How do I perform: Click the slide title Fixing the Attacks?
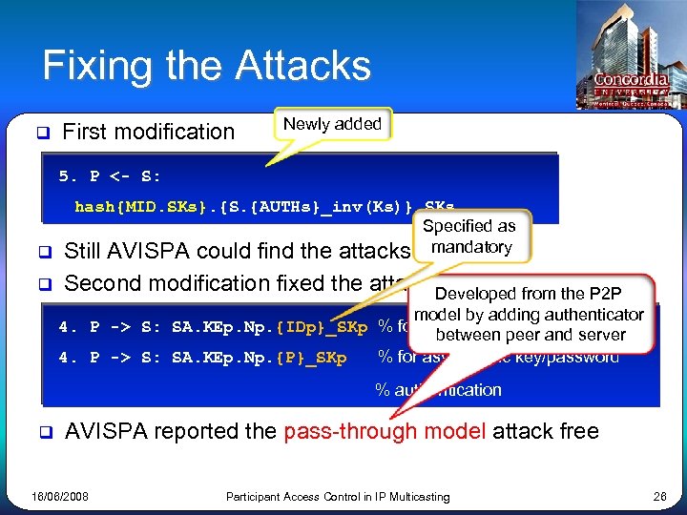pyautogui.click(x=206, y=66)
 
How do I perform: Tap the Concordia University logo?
pyautogui.click(x=631, y=82)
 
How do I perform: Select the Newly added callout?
pyautogui.click(x=333, y=124)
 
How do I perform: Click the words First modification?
pyautogui.click(x=148, y=132)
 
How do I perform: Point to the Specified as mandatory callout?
pyautogui.click(x=468, y=237)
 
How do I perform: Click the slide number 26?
pyautogui.click(x=658, y=497)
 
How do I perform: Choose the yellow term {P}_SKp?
pyautogui.click(x=311, y=359)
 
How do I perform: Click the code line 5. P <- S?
pyautogui.click(x=110, y=176)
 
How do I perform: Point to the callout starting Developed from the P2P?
pyautogui.click(x=529, y=314)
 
